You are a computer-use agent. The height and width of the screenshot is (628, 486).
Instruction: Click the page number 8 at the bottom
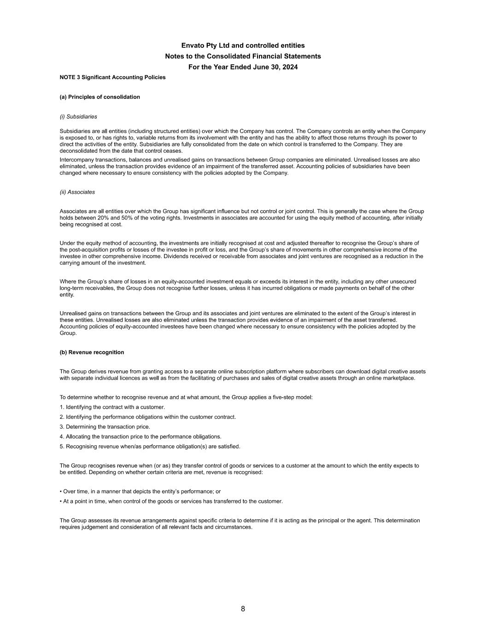click(x=243, y=609)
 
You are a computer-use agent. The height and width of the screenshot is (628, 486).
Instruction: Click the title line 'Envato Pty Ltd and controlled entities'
click(x=243, y=46)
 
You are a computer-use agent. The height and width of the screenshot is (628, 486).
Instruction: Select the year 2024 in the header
click(x=289, y=67)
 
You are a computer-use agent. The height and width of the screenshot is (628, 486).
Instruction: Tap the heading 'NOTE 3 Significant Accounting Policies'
click(x=112, y=77)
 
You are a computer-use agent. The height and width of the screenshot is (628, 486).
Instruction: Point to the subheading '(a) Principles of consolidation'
click(x=100, y=97)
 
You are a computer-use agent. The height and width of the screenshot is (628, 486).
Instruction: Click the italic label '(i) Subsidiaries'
click(x=78, y=117)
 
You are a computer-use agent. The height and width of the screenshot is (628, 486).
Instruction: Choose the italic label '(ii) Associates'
click(x=77, y=192)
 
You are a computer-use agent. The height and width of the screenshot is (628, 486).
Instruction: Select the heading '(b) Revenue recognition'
click(x=92, y=352)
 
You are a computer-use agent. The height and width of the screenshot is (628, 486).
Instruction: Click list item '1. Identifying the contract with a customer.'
click(x=112, y=407)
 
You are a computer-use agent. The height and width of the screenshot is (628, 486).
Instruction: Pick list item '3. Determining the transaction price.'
click(x=105, y=427)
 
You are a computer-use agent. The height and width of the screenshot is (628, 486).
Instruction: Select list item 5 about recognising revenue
click(x=150, y=447)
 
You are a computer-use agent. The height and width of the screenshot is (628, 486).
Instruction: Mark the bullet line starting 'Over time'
click(x=141, y=491)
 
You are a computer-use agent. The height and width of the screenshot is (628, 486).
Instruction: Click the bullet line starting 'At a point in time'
click(x=171, y=501)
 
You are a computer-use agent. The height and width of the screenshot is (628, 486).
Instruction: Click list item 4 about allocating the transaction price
click(x=141, y=437)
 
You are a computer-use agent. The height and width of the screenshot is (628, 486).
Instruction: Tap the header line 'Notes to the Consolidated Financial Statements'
click(x=243, y=56)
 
